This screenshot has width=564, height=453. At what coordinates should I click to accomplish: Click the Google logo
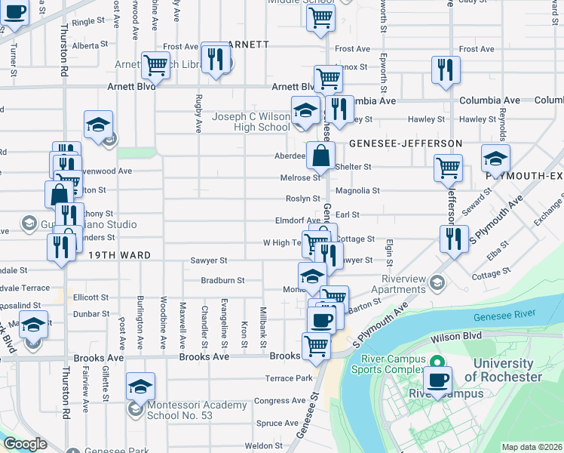coord(26,445)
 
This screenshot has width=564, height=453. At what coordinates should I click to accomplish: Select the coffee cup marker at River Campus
coord(438,380)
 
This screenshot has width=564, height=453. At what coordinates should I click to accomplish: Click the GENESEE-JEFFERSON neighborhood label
coord(405,143)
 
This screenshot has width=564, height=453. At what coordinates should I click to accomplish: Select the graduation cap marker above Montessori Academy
coord(140,387)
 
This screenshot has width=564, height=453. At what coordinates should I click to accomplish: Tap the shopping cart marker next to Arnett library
coord(155,66)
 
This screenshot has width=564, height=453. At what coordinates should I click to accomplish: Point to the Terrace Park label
coord(288,377)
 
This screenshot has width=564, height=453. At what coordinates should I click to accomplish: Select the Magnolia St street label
coord(357,191)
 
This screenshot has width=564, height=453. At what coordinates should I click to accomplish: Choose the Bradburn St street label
coord(222,280)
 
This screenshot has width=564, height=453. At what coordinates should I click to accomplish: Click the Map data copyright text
coord(531,447)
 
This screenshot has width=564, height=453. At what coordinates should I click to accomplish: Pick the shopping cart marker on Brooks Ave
coord(316,346)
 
